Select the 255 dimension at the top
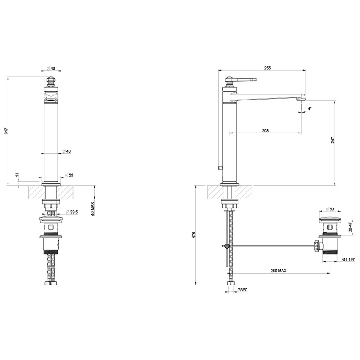coord(267,68)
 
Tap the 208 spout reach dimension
coord(265,131)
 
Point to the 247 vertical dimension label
coord(333,140)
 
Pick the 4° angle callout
coord(310,109)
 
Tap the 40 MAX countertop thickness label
coord(92,208)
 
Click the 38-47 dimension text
coord(349,227)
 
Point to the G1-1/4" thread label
coord(349,259)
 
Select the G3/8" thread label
coord(242,290)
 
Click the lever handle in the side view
coord(245,79)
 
